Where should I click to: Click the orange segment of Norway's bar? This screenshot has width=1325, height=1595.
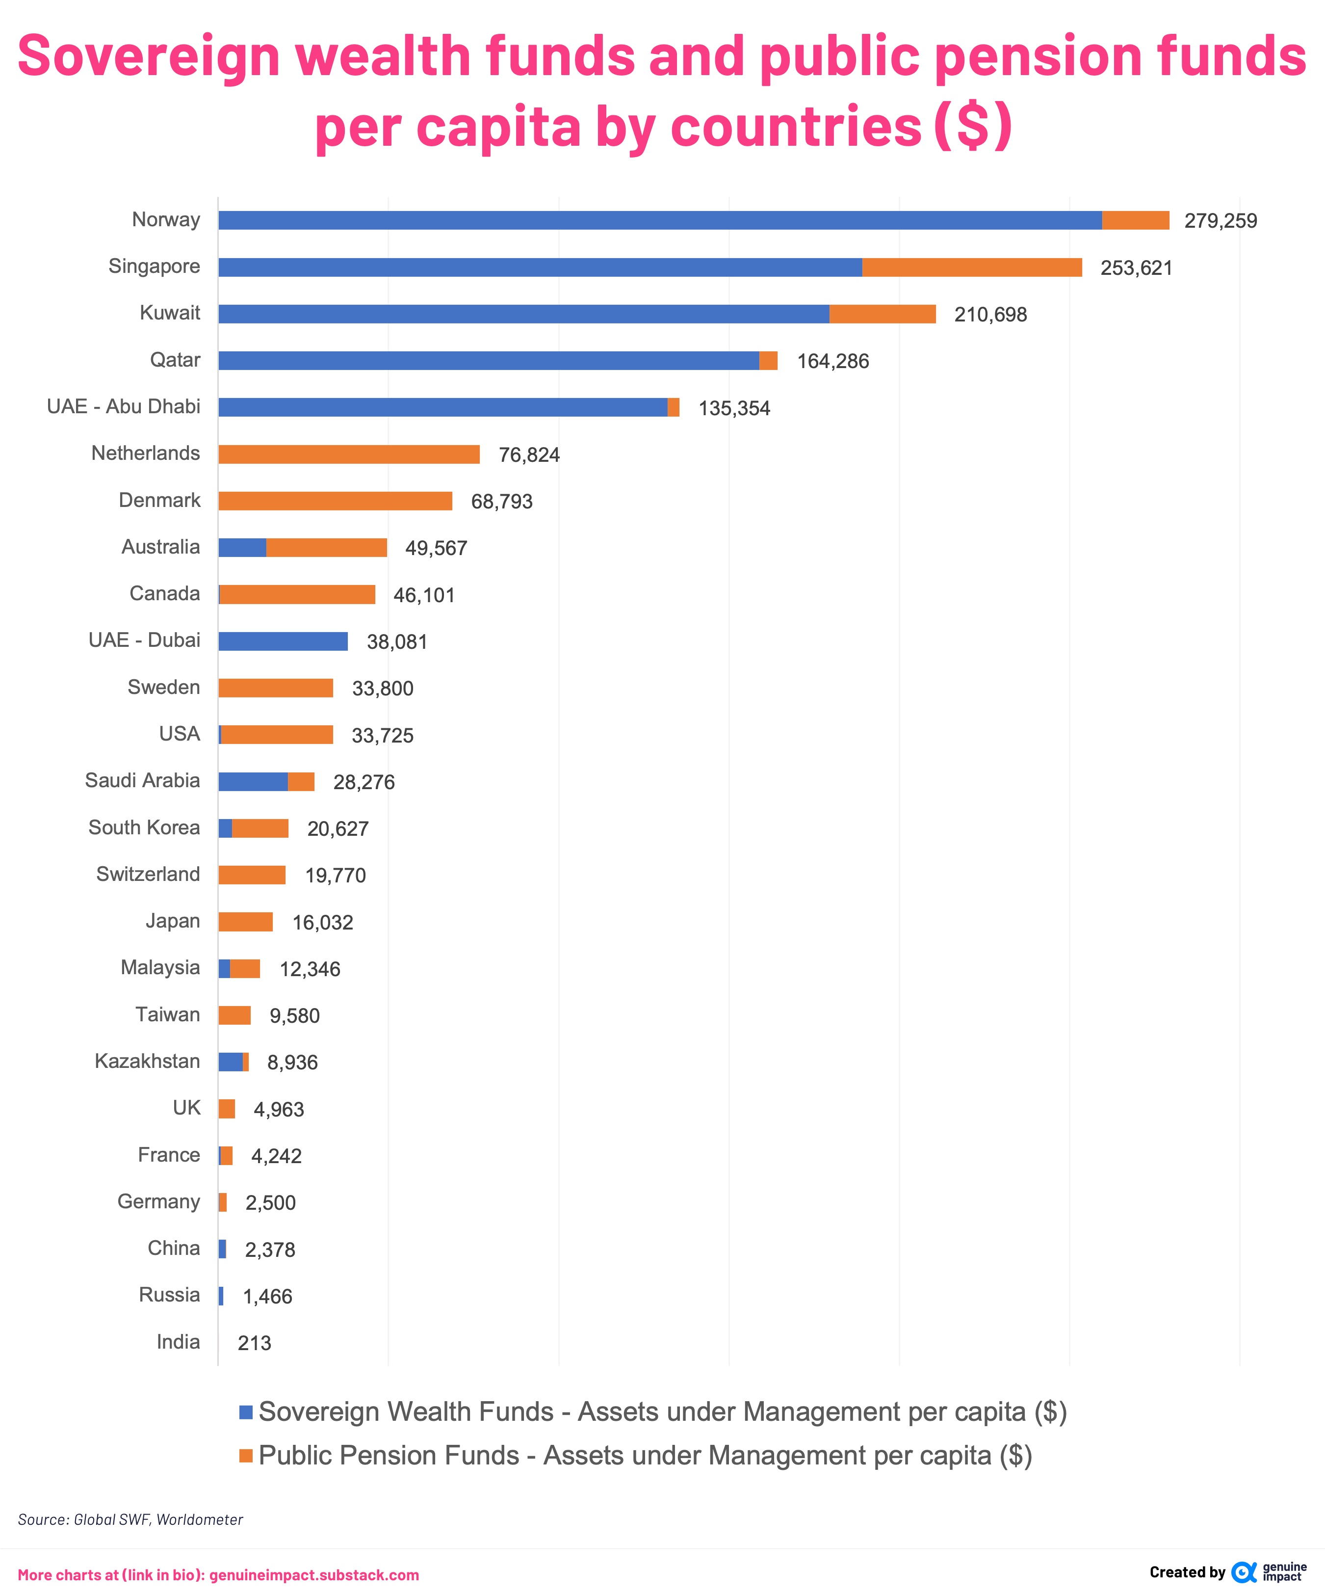1135,220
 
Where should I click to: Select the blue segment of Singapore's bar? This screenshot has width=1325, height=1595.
539,267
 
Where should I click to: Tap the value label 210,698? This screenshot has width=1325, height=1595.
990,315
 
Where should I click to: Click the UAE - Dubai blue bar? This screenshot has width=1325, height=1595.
283,641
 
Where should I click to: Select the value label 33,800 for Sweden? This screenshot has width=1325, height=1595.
383,688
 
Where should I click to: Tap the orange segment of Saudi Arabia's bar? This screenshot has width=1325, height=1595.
301,781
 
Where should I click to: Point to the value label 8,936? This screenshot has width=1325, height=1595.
292,1062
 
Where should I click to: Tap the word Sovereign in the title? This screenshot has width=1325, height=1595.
149,56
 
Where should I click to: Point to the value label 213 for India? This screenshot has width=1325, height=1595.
255,1343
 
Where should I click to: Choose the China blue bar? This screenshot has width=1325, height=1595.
222,1249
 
